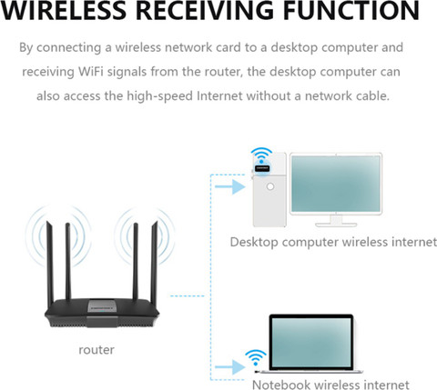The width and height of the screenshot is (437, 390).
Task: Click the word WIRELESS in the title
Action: tap(63, 10)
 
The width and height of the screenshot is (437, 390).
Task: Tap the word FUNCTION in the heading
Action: tap(351, 10)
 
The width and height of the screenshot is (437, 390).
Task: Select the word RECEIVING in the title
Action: tap(205, 10)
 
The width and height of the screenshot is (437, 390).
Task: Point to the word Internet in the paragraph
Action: tap(219, 96)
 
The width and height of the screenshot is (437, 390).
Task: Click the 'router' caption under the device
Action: tap(97, 350)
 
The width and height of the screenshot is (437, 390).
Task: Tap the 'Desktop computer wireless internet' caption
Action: tap(333, 242)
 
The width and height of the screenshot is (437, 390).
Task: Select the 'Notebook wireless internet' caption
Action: tap(330, 385)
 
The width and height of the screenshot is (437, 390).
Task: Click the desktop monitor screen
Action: tap(336, 184)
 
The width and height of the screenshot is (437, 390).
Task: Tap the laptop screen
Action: tap(311, 342)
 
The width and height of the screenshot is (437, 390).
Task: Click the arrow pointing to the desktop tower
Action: tap(230, 186)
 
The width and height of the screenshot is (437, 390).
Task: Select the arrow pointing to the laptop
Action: tap(230, 367)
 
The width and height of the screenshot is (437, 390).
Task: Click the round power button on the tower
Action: tap(270, 186)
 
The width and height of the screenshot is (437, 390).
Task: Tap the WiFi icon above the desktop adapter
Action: tap(261, 155)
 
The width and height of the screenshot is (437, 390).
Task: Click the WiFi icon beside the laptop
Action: tap(256, 357)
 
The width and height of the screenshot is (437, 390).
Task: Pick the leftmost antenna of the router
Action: tap(50, 264)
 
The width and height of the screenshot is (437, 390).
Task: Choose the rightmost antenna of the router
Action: tap(154, 263)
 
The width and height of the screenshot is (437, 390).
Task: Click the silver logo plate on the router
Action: tap(102, 305)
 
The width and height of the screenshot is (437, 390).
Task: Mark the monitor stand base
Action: tap(336, 225)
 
